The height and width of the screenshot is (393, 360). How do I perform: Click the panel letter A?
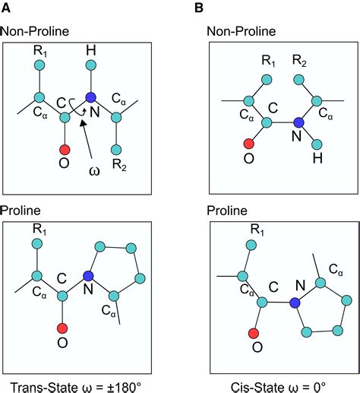[6, 8]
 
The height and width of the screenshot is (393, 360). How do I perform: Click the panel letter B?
[199, 8]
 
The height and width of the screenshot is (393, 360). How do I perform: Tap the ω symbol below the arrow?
[94, 171]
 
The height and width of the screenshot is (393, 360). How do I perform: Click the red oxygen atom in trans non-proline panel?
[65, 150]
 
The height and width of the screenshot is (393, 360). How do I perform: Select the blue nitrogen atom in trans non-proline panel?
[90, 97]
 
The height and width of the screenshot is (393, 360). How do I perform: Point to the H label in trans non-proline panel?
[91, 50]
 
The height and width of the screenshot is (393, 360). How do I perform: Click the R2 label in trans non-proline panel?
[119, 165]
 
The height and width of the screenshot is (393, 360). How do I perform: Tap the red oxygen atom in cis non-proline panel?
[248, 144]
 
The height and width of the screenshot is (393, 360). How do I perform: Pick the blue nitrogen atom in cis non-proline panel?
[298, 122]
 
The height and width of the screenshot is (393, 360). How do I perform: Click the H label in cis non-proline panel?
[317, 159]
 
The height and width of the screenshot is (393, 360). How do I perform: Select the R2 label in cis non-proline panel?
[299, 61]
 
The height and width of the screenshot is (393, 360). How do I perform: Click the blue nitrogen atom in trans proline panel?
[88, 276]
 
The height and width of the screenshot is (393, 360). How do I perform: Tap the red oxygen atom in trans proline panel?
[62, 328]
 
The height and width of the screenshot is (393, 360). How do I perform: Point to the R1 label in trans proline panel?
[39, 230]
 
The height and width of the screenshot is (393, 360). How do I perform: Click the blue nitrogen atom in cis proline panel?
[295, 303]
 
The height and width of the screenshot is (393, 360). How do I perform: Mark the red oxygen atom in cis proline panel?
[253, 333]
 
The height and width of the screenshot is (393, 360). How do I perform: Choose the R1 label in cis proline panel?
[257, 230]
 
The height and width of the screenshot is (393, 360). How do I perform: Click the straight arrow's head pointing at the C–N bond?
[83, 124]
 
